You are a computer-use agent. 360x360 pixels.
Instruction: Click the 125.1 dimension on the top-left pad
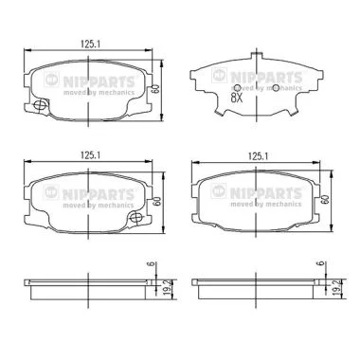point(90,45)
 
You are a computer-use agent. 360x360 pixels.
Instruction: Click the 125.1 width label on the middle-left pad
point(90,155)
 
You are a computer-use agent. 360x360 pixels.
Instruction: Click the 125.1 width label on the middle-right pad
point(258,156)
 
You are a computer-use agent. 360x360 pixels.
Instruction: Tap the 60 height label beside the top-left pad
point(154,88)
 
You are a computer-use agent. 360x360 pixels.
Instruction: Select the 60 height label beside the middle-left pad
point(156,201)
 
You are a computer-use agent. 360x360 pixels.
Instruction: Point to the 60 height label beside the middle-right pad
point(324,199)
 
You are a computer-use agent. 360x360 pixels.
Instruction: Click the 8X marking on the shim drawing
point(236,99)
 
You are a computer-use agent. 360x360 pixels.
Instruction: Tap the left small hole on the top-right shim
point(238,88)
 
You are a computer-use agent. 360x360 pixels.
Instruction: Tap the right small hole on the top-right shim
point(276,88)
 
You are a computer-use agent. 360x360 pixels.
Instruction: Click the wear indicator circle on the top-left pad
point(40,104)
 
